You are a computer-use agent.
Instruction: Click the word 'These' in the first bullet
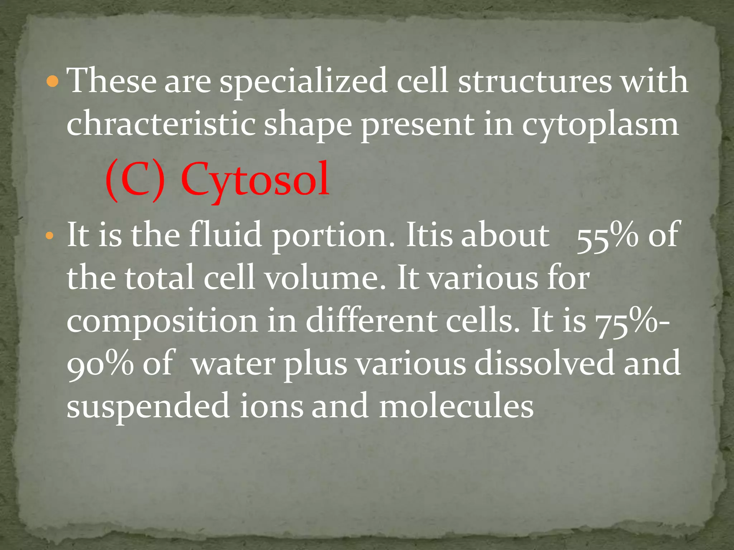pos(112,81)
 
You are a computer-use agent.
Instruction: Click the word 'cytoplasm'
pos(600,125)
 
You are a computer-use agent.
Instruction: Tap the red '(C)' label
pos(136,181)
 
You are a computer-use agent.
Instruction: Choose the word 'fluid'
pos(225,235)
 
